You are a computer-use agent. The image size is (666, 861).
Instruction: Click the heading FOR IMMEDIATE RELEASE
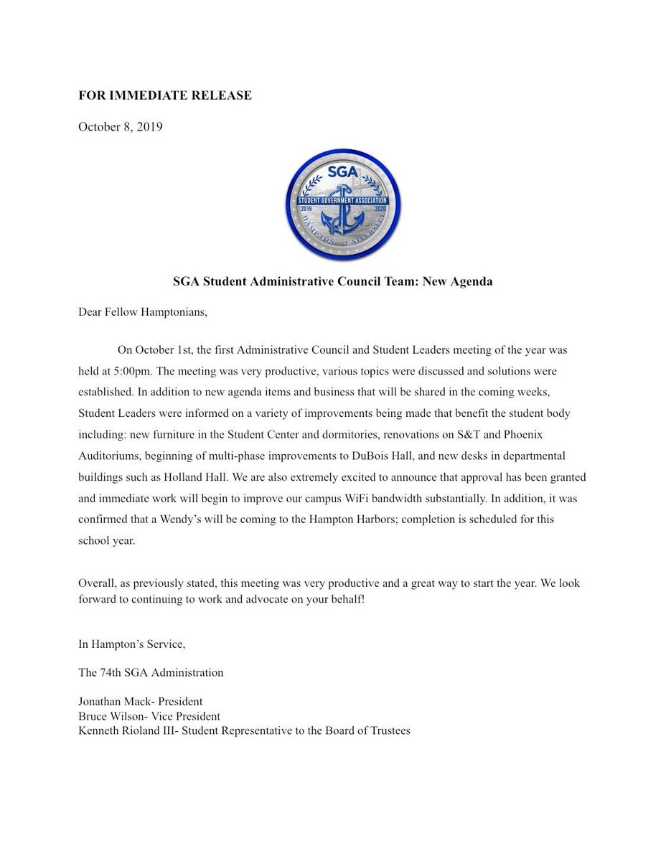pos(165,95)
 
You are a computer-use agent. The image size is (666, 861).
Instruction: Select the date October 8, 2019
pos(121,128)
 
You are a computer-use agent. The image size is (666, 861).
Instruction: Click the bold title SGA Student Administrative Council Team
pos(332,281)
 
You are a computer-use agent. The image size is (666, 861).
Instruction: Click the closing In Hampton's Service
pos(132,644)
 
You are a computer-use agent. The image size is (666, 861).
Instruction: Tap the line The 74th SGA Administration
pos(151,673)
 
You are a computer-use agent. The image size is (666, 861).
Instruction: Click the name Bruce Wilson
pos(110,717)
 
